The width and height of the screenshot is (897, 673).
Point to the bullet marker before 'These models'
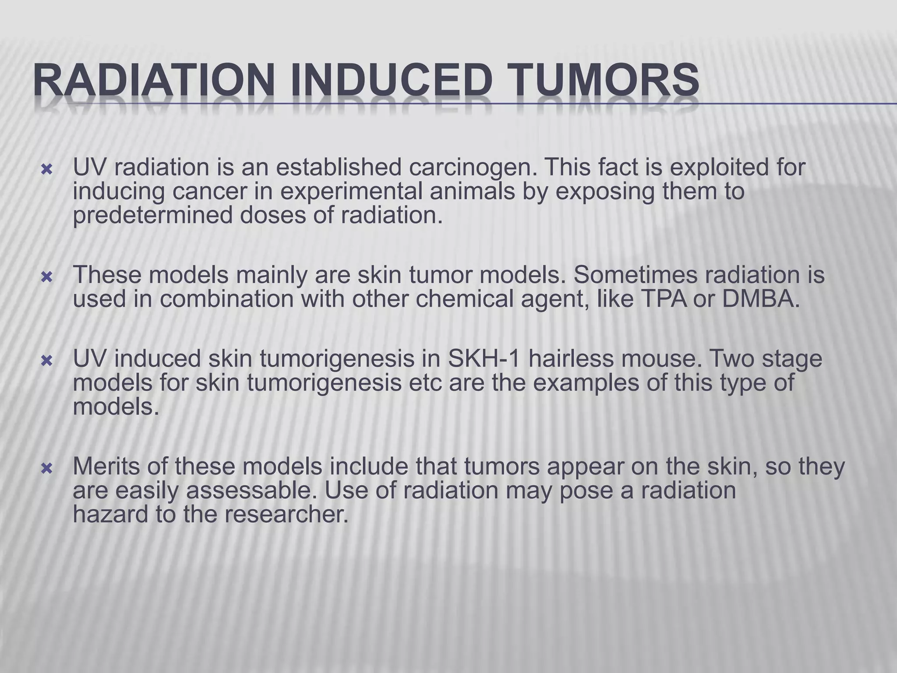tap(46, 277)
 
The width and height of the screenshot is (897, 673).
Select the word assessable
tap(251, 491)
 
